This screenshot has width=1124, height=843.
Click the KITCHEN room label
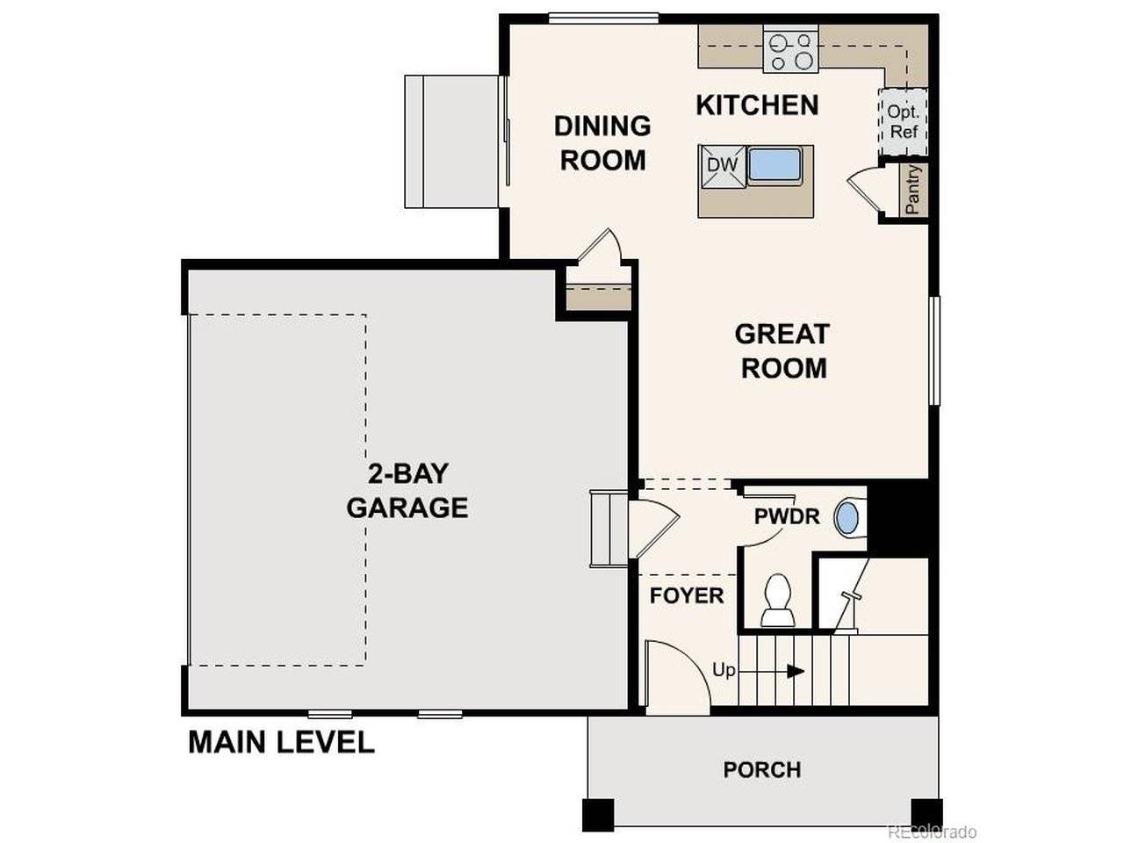pos(757,105)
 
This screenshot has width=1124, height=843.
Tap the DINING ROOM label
pos(602,143)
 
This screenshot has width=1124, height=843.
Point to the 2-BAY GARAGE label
pos(407,491)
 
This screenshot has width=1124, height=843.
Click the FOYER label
pos(687,595)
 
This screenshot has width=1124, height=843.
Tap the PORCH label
pos(761,770)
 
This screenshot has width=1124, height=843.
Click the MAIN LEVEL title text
pos(281,743)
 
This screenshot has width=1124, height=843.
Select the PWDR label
pos(787,516)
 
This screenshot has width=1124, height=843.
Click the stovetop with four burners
pos(791,51)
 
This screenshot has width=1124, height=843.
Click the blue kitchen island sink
pos(775,165)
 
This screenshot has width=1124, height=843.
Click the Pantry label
pos(913,189)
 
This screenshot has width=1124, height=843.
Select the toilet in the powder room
pos(777,602)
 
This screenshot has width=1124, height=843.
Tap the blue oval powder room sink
pos(847,517)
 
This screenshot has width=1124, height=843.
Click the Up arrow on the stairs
pos(795,671)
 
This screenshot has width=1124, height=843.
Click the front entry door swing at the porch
pos(676,672)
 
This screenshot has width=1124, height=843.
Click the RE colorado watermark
pos(932,831)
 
